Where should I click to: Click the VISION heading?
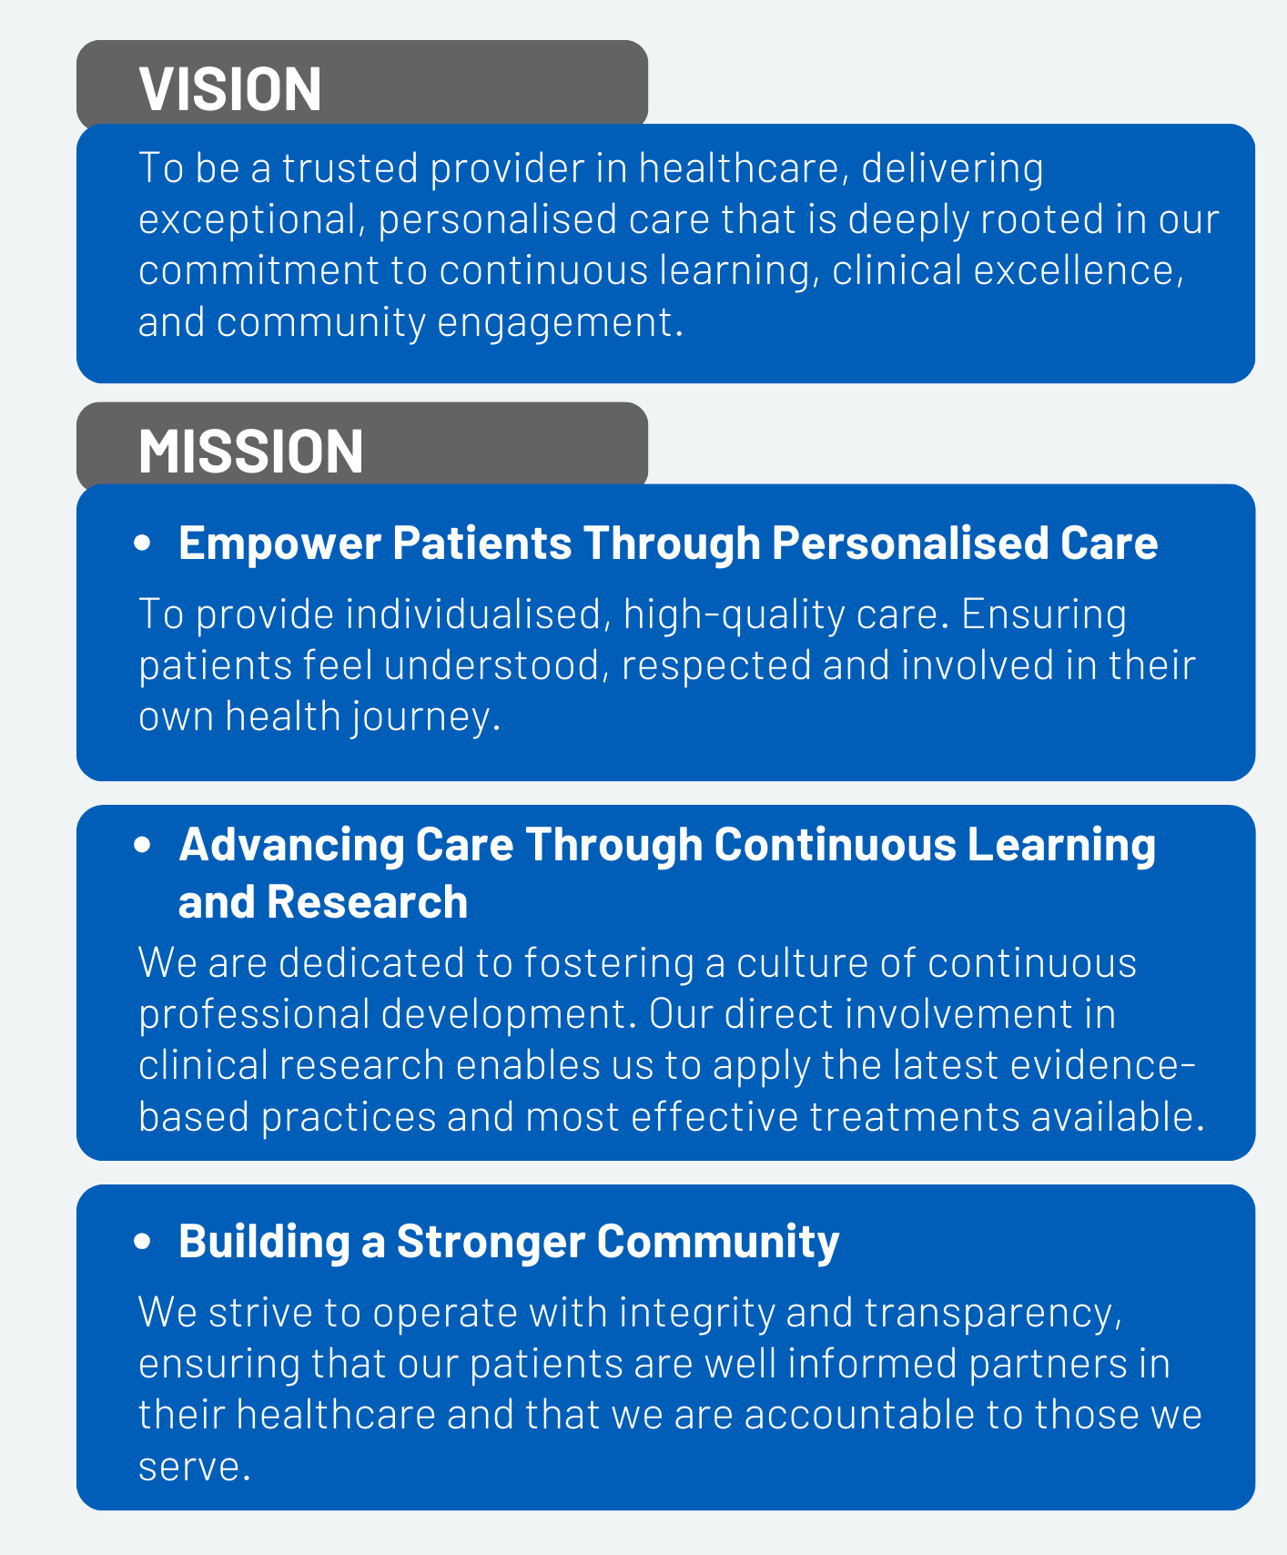pos(230,89)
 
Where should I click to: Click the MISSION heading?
pos(251,452)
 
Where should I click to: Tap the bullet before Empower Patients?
pos(142,544)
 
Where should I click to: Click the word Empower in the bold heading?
pos(279,544)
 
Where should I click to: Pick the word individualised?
pos(477,615)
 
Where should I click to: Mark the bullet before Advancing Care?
pos(142,845)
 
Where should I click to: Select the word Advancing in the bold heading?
pos(291,846)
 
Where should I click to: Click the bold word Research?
pos(367,902)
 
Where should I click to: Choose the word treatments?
pos(915,1117)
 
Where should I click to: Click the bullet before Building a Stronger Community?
pos(142,1241)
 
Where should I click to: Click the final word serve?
pos(194,1467)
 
